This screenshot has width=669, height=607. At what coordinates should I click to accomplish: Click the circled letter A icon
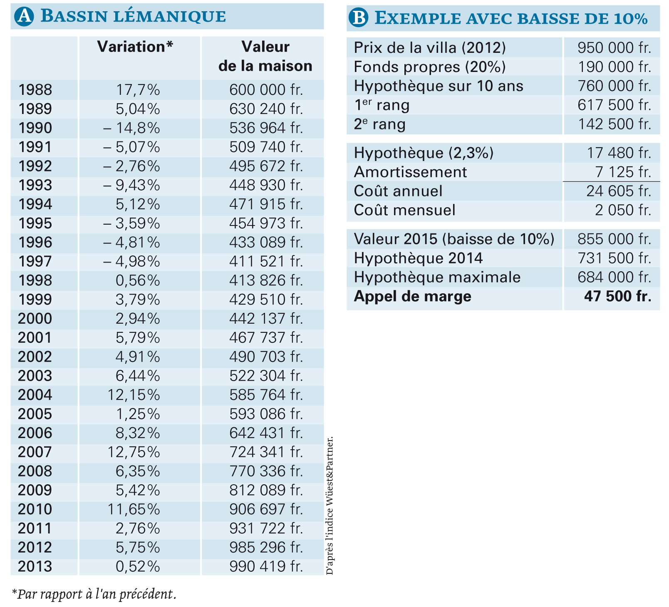coord(24,16)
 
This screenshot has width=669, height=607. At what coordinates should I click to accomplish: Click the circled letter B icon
coord(358,17)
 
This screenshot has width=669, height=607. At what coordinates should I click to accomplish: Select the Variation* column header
coord(135,47)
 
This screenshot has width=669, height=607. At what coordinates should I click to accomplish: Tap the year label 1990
coord(35,128)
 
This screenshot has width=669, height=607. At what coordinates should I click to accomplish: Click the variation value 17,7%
coord(138,90)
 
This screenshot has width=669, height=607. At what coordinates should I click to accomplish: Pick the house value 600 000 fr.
coord(266,90)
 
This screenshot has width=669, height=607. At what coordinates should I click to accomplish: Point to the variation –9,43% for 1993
coord(131,185)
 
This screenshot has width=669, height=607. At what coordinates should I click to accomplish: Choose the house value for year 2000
coord(266,319)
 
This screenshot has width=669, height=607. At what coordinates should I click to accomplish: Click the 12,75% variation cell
coord(134,452)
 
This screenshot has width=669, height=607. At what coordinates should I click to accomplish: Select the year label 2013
coord(35,566)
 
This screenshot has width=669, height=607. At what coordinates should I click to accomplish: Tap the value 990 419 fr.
coord(266,566)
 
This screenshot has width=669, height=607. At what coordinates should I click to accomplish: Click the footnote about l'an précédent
coord(94,594)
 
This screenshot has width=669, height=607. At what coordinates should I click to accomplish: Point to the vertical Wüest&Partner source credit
coord(330,505)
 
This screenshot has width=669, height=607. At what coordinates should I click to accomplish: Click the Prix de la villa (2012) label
coord(430,48)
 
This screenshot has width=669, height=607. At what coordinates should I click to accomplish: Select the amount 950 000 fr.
coord(614,48)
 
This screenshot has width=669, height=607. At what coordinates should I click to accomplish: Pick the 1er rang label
coord(382,105)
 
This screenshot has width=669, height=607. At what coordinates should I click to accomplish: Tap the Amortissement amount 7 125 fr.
coord(623,172)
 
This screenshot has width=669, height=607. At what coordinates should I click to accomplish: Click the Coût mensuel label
coord(404,210)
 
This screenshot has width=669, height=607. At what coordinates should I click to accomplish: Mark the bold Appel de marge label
coord(412,297)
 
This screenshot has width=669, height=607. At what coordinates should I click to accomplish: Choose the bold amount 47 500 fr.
coord(618,296)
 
